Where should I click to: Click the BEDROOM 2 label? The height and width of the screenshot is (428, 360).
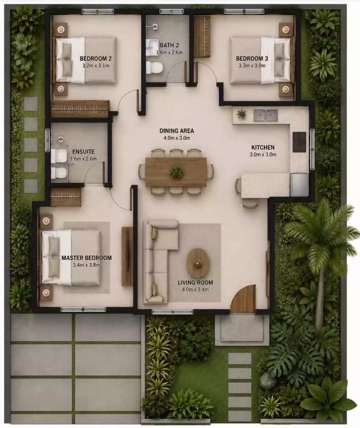click(96, 59)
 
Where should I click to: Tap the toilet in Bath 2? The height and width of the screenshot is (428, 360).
click(154, 68)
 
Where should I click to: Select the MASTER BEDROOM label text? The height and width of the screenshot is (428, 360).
click(86, 258)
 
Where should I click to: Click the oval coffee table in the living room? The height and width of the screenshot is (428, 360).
click(198, 263)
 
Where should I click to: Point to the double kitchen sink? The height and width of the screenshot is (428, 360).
click(266, 115)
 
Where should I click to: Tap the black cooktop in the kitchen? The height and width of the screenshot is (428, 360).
click(299, 142)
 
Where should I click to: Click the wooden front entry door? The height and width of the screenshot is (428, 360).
click(244, 299)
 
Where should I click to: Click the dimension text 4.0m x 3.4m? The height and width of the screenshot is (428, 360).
click(195, 290)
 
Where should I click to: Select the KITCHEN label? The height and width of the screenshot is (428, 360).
click(263, 147)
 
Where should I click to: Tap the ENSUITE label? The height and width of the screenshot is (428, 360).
click(83, 152)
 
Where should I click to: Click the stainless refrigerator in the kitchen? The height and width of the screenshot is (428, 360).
click(299, 185)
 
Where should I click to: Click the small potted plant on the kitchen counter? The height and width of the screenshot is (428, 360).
click(241, 114)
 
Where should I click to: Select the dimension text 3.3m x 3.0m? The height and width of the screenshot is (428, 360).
click(252, 65)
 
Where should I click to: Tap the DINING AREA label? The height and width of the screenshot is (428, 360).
click(177, 131)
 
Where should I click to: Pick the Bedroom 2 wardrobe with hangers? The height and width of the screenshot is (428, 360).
click(80, 109)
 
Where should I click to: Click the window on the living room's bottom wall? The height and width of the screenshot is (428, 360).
click(172, 312)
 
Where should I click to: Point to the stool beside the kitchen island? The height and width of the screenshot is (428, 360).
click(250, 203)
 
